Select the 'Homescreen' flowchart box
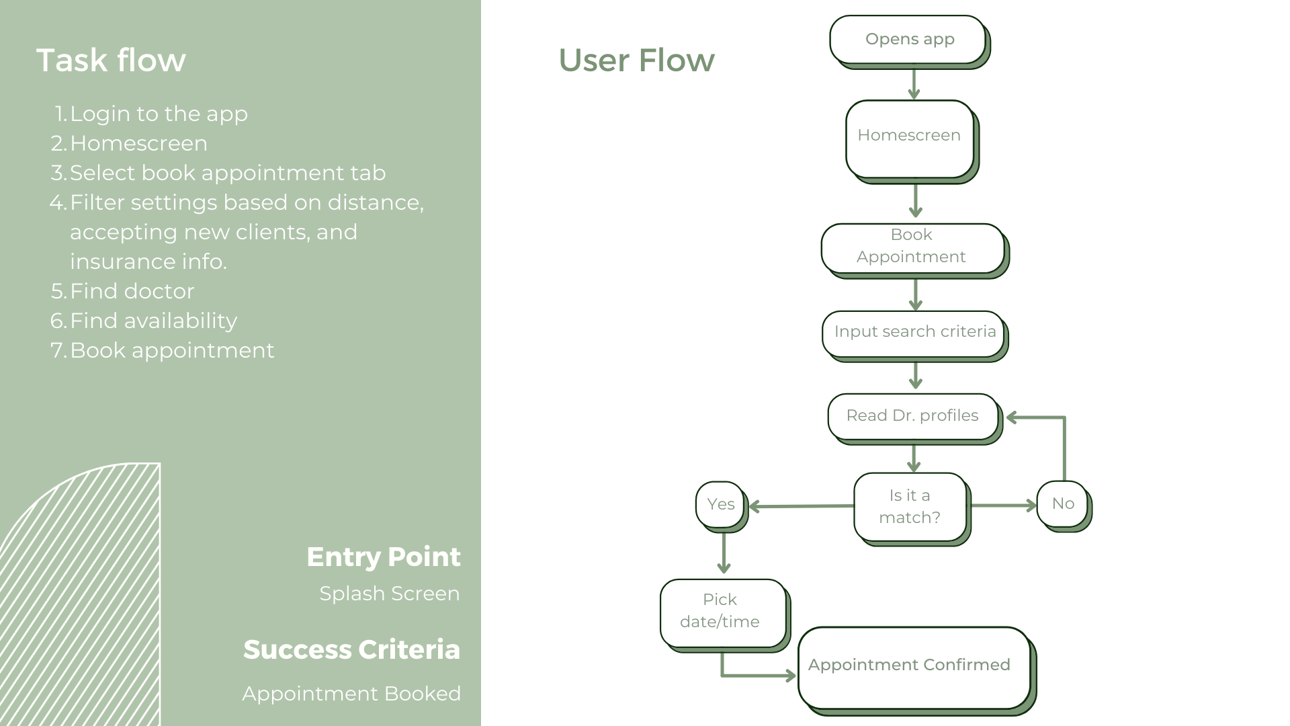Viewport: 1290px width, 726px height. coord(912,142)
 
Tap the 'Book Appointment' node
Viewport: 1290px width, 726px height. coord(914,251)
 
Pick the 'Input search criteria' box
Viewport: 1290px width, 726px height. coord(915,336)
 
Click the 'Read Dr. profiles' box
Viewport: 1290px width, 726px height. coord(915,419)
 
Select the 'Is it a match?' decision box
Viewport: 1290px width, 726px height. coord(912,510)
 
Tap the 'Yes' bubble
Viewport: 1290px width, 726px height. coord(722,507)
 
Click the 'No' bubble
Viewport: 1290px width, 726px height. coord(1064,506)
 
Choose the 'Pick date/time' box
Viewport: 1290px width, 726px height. coord(725,616)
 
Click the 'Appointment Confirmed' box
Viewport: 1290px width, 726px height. coord(917,671)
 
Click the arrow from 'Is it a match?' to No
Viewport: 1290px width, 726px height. coord(1003,506)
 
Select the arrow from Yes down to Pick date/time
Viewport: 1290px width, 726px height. coord(724,553)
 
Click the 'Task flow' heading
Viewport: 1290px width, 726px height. coord(111,60)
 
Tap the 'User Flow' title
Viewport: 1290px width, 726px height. coord(636,60)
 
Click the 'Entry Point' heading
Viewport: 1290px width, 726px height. coord(384,557)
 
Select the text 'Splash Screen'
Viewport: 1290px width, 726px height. coord(390,594)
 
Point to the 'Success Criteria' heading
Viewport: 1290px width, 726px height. coord(351,649)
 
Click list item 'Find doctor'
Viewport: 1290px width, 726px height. coord(132,291)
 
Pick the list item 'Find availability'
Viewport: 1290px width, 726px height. coord(153,321)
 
